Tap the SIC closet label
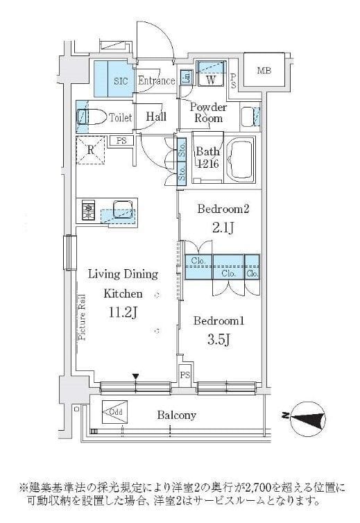tap(120, 81)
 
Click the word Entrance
tap(156, 81)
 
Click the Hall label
tap(156, 118)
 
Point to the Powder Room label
tap(208, 113)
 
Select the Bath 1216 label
tap(208, 158)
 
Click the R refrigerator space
tap(90, 148)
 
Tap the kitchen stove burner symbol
tap(89, 210)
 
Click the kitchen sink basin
tap(119, 207)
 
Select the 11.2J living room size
tap(123, 313)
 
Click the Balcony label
tap(175, 415)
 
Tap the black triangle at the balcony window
tap(137, 376)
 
